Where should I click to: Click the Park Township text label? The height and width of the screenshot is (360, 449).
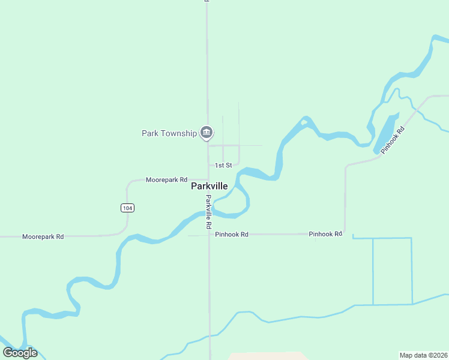coord(169,133)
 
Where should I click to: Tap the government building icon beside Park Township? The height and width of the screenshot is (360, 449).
coord(206,132)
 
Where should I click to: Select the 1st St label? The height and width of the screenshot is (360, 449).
coord(223,165)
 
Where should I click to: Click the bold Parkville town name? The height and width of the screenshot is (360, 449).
coord(209,186)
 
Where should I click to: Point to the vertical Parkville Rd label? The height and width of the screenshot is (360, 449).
coord(209,212)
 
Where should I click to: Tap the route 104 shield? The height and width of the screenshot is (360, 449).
coord(127,208)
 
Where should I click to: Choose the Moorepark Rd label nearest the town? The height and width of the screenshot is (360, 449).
coord(167,180)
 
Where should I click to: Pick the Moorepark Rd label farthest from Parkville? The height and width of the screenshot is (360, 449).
coord(43,237)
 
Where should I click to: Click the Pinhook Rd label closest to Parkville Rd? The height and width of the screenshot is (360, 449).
coord(231,235)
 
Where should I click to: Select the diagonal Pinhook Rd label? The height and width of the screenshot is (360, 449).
coord(393,139)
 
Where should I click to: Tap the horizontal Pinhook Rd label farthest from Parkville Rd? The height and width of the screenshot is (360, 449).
coord(325,233)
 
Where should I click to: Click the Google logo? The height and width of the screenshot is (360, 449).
coord(20,353)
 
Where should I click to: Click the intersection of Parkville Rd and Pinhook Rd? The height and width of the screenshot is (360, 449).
coord(209,235)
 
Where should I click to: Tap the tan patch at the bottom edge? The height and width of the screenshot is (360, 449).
coord(267,356)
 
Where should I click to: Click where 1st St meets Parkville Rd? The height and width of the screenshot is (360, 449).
coord(208,165)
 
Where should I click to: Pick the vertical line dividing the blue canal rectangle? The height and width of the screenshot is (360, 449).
coord(373,271)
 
